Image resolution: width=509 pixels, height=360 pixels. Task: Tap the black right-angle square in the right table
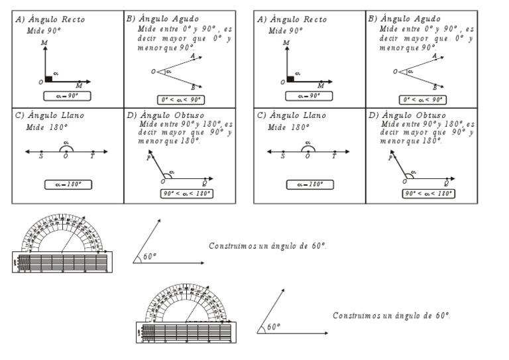291,79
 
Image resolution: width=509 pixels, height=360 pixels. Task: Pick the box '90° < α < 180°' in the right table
427,194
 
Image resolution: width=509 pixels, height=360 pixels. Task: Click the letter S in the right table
283,156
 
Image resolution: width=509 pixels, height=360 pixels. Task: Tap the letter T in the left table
92,156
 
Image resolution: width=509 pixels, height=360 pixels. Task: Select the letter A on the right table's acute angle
434,57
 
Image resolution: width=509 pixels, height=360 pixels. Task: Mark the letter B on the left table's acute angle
192,88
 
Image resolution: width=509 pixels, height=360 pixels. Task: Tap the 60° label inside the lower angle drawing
273,327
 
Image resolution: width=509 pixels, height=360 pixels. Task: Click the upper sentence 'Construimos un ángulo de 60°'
268,246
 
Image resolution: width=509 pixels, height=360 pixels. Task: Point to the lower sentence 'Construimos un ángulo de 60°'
392,316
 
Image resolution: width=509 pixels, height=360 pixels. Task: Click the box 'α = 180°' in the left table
68,184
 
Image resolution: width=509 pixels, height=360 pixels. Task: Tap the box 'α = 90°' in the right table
310,96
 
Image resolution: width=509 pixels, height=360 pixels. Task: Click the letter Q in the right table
446,183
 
